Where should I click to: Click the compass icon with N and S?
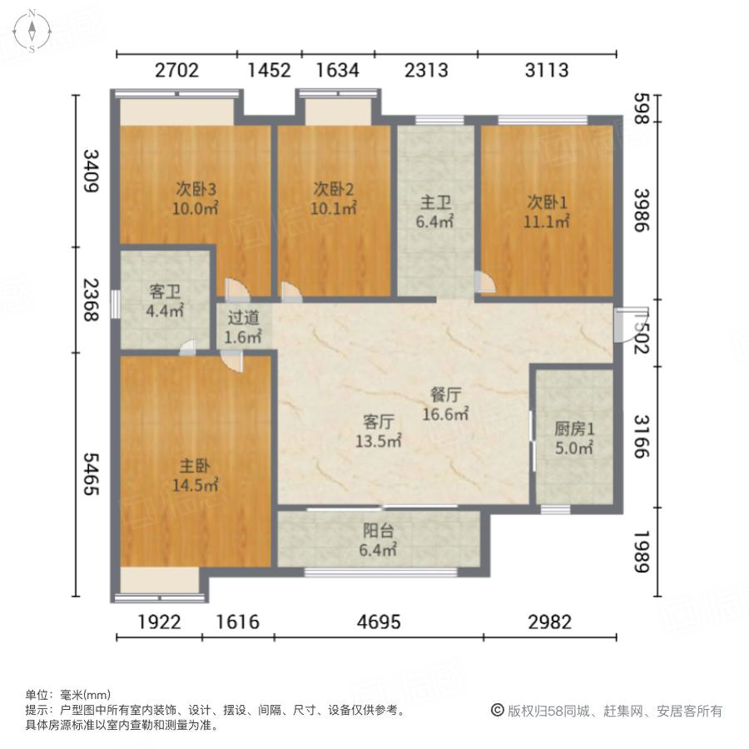pos(31,31)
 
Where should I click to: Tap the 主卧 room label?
pos(195,467)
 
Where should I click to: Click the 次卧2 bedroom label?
pos(334,187)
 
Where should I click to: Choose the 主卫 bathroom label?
pos(434,202)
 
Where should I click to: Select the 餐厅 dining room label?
pos(445,394)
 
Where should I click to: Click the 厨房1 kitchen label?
pos(574,429)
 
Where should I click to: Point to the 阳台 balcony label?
pos(378,531)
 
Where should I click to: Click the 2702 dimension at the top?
pos(176,70)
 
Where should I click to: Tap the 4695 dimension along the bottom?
pos(379,622)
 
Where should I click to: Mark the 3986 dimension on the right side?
pos(640,211)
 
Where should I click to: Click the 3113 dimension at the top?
pos(547,70)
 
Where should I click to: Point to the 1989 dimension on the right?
pos(640,551)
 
